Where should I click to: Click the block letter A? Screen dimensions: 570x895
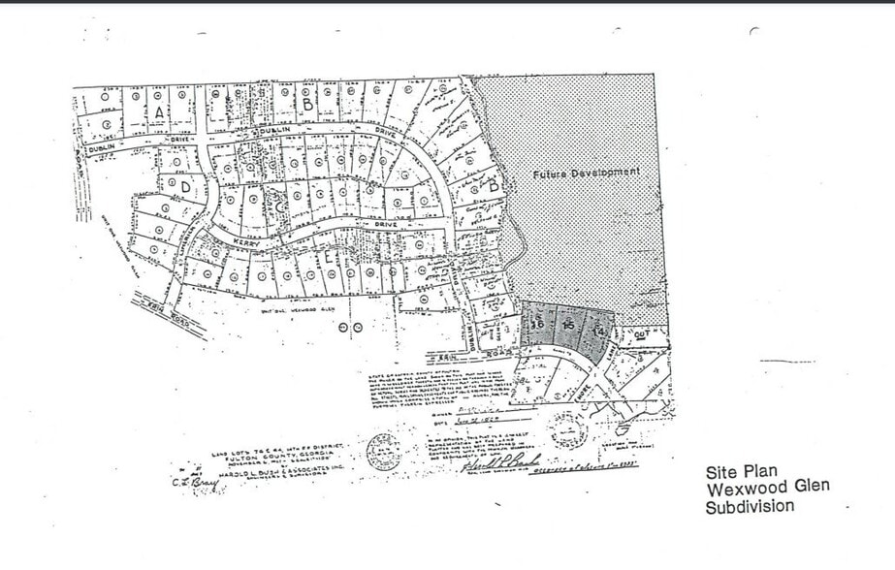[157, 111]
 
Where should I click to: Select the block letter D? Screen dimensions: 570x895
[184, 185]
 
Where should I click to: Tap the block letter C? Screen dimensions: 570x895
[279, 206]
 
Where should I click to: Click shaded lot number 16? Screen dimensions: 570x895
[535, 326]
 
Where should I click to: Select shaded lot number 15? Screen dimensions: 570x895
[570, 328]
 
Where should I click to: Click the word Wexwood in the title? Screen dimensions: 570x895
[739, 489]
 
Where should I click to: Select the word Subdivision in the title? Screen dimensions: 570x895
[750, 506]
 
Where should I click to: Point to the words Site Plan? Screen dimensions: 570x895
[742, 472]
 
